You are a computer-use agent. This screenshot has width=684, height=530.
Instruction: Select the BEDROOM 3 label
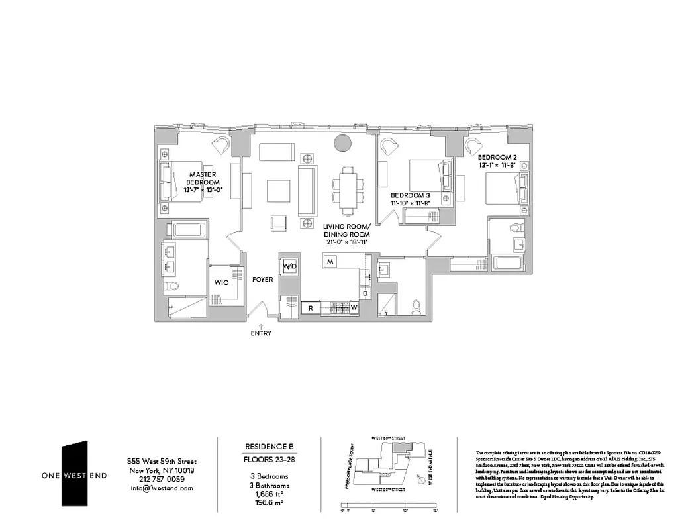410,199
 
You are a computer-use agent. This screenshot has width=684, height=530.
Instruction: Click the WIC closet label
221,282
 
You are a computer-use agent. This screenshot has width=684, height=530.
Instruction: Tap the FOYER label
262,280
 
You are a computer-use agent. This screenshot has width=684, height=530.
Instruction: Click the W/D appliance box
289,266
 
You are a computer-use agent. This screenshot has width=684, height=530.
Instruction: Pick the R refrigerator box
310,307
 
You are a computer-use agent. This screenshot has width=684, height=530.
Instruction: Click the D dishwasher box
365,293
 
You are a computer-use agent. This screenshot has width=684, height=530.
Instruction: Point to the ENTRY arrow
261,325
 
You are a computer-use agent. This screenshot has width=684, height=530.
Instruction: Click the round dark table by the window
343,142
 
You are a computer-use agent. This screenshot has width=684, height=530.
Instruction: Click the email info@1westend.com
162,488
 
